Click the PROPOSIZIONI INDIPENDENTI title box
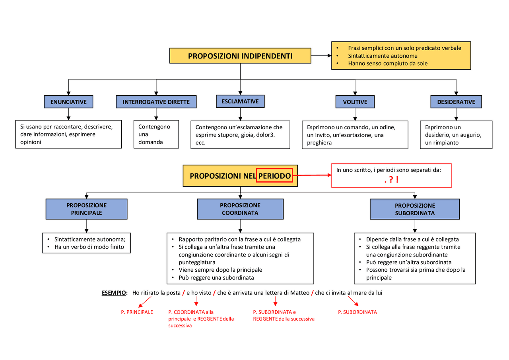pos(240,56)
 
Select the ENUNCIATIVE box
pos(68,102)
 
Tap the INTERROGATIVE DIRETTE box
pos(156,102)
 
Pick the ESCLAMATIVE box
pos(240,101)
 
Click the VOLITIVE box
pos(355,102)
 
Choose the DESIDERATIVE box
pos(456,102)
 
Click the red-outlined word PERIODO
pos(274,176)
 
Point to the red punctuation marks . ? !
pos(391,180)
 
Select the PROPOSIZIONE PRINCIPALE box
pos(86,209)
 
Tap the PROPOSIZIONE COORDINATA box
pos(240,209)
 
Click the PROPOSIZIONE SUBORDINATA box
pos(415,209)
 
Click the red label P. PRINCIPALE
pos(137,312)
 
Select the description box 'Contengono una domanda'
pos(156,134)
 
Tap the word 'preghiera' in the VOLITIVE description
pos(319,143)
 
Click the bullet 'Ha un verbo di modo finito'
pos(89,247)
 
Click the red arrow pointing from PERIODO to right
pos(312,175)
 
